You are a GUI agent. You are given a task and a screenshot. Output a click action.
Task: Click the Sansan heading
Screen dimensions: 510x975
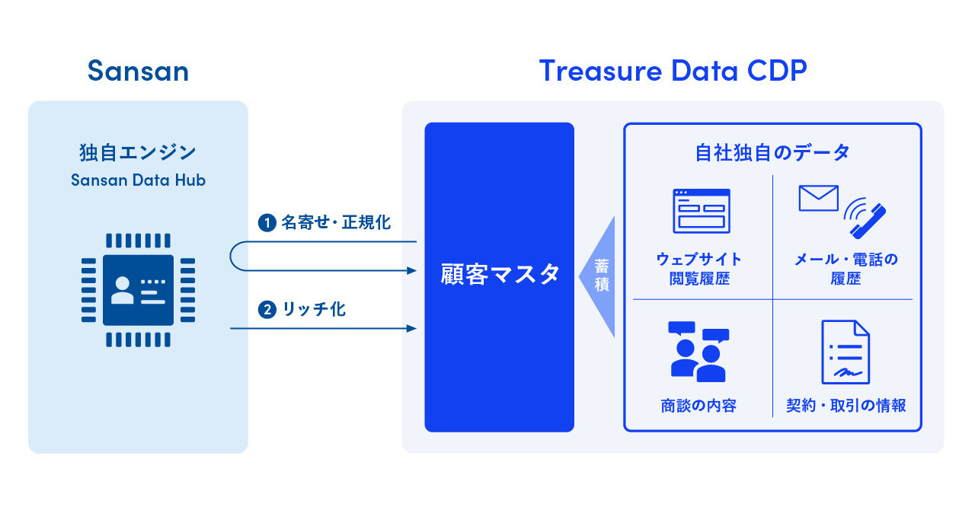[x=138, y=71]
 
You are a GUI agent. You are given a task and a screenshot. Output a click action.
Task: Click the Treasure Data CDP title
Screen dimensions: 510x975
[x=673, y=71]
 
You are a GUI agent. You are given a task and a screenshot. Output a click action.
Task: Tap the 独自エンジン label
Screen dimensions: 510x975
[x=138, y=153]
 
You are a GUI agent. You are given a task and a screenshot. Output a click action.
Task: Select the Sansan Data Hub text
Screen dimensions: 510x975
[x=138, y=180]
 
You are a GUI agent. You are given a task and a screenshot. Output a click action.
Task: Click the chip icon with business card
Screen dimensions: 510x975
[x=138, y=290]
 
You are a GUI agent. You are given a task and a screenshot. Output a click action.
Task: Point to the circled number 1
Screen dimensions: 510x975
[x=267, y=223]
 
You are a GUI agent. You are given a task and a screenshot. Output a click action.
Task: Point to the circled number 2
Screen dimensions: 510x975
[x=267, y=310]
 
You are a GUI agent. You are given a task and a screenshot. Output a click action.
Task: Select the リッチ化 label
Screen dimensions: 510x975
[x=313, y=310]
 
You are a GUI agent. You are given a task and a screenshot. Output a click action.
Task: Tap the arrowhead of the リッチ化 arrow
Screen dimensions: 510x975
[x=413, y=329]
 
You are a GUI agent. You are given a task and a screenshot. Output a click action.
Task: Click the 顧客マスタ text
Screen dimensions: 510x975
[x=500, y=274]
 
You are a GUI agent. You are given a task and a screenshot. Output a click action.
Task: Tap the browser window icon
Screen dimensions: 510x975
[x=701, y=211]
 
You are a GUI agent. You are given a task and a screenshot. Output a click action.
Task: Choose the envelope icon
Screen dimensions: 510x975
[x=818, y=198]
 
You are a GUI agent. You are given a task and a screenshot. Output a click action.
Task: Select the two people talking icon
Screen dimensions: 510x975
[x=698, y=352]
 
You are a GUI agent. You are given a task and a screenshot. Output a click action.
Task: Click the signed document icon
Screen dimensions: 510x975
[x=846, y=352]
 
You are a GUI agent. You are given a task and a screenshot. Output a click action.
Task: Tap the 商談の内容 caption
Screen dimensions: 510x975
[x=698, y=406]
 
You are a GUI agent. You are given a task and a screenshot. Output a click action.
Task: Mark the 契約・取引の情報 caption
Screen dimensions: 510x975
[x=846, y=406]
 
